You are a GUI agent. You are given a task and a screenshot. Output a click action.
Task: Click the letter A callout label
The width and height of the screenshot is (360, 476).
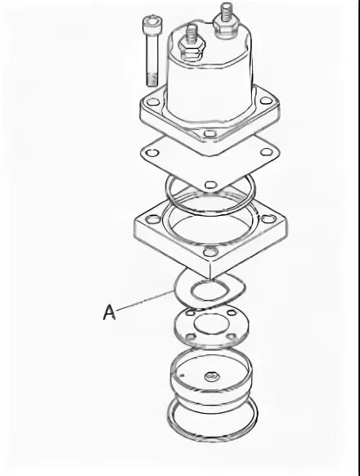pyautogui.click(x=110, y=312)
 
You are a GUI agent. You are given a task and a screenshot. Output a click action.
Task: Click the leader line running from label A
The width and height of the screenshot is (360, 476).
pyautogui.click(x=145, y=300)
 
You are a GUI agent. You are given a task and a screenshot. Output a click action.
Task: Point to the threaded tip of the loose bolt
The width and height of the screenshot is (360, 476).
pyautogui.click(x=151, y=79)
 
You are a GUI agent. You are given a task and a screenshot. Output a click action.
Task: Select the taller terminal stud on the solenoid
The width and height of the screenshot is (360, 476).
pyautogui.click(x=226, y=11)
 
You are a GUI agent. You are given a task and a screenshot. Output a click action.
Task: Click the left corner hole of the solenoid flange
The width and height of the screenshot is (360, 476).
pyautogui.click(x=152, y=101)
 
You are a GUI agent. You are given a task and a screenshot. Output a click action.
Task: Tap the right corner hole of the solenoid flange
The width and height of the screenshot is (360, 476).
pyautogui.click(x=266, y=100)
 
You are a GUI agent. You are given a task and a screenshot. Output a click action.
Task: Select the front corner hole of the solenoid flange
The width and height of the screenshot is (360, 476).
pyautogui.click(x=209, y=133)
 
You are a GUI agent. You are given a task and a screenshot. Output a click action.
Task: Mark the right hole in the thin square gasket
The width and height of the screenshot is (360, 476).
pyautogui.click(x=266, y=151)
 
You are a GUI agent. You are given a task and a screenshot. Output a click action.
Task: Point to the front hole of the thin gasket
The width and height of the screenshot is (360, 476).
pyautogui.click(x=210, y=184)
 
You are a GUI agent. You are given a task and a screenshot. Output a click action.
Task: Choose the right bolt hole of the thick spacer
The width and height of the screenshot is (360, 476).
pyautogui.click(x=268, y=218)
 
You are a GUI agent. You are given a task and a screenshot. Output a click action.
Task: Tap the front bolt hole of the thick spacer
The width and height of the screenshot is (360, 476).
pyautogui.click(x=209, y=252)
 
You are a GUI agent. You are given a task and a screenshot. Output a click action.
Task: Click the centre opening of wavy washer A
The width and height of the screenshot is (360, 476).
pyautogui.click(x=209, y=291)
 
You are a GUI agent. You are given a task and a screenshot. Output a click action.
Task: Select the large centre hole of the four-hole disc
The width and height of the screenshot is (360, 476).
pyautogui.click(x=209, y=323)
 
